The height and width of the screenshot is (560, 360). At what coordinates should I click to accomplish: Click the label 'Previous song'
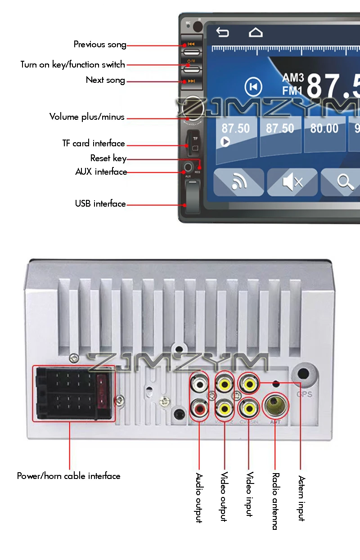tap(99, 45)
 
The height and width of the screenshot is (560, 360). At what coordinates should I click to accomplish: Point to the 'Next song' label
tap(105, 80)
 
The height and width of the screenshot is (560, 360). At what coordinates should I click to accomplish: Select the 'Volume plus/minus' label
tap(87, 117)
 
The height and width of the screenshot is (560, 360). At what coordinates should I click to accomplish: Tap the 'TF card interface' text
tap(94, 144)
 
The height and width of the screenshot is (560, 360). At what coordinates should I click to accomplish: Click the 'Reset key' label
tap(108, 158)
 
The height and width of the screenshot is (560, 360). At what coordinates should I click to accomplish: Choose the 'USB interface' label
tap(100, 204)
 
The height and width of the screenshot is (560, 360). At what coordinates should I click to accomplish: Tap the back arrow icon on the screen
tap(222, 32)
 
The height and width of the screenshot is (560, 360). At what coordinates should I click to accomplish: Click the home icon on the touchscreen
tap(256, 32)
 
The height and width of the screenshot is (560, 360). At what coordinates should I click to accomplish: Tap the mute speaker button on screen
tap(292, 182)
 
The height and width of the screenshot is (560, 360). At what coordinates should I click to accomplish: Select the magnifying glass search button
tap(345, 182)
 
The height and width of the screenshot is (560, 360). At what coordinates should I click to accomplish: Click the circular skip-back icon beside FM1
tap(253, 87)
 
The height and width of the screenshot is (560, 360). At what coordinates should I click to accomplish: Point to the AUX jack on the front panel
tap(188, 169)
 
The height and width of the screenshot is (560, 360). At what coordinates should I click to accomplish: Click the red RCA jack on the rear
tap(199, 409)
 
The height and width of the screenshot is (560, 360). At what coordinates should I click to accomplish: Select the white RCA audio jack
tap(199, 384)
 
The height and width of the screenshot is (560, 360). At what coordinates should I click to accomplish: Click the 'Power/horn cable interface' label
tap(69, 476)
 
